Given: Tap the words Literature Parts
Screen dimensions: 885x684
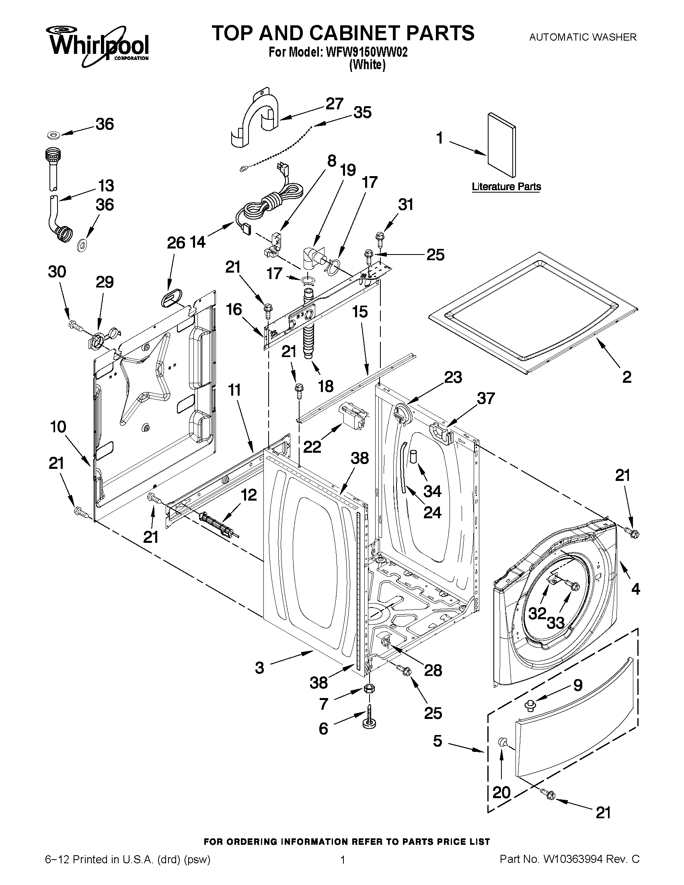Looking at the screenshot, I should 506,187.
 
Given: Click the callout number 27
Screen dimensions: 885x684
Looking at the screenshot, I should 335,104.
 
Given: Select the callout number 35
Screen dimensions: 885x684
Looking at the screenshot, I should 362,113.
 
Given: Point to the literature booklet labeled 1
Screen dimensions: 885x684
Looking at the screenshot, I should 502,145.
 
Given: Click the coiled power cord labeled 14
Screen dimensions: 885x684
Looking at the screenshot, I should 269,202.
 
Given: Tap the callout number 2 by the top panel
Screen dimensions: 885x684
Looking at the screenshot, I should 626,377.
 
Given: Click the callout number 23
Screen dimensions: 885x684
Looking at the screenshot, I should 453,377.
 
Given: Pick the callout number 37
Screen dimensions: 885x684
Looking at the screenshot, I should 485,398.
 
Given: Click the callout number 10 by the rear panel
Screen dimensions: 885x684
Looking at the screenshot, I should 58,427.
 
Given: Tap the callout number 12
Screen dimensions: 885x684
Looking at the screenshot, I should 249,495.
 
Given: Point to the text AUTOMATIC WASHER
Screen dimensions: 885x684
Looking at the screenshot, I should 583,37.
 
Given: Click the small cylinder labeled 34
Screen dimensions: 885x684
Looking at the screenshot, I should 413,456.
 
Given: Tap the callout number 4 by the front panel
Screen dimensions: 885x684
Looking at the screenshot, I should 635,589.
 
